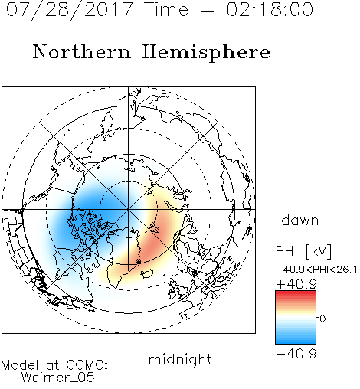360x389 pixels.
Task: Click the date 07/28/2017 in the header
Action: [x=69, y=10]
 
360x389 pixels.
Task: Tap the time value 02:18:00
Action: [x=270, y=9]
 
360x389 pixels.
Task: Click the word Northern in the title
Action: [x=82, y=52]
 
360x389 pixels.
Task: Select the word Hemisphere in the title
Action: [x=206, y=53]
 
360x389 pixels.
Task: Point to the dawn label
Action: [x=300, y=220]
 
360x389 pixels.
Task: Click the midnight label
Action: [x=180, y=360]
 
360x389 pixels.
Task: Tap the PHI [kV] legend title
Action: [x=303, y=251]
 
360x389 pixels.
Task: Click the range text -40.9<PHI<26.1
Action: [x=316, y=270]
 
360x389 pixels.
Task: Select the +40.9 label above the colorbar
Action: [x=296, y=284]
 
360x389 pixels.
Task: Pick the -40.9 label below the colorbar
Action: [x=296, y=354]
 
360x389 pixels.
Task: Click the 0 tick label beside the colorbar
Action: [x=322, y=319]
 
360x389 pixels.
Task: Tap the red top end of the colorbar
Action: [x=296, y=293]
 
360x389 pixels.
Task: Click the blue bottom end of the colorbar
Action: [x=296, y=342]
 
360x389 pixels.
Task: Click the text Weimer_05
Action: [x=58, y=378]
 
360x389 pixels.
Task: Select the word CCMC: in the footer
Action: [x=87, y=365]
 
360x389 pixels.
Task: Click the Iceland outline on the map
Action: [x=147, y=273]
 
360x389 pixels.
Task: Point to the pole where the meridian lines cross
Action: [x=129, y=210]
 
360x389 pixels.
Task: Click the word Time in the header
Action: [x=166, y=9]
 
